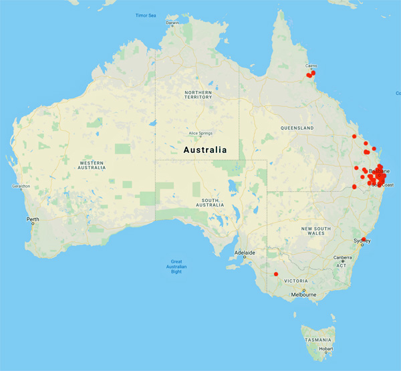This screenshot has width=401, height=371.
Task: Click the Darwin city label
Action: point(172,23)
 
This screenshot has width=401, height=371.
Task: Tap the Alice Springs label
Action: point(200,133)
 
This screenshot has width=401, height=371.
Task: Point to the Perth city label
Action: point(32,219)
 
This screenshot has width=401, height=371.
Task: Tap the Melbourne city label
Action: point(303,294)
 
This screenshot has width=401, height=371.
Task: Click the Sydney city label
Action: point(362,240)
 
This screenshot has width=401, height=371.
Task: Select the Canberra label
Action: point(343,259)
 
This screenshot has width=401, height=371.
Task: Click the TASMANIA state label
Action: point(318,340)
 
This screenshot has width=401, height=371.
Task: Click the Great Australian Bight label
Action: point(176,267)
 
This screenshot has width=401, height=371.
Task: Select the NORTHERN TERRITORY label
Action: point(198,95)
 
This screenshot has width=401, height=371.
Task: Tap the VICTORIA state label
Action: point(295,281)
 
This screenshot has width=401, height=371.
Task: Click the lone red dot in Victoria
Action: point(276,274)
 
